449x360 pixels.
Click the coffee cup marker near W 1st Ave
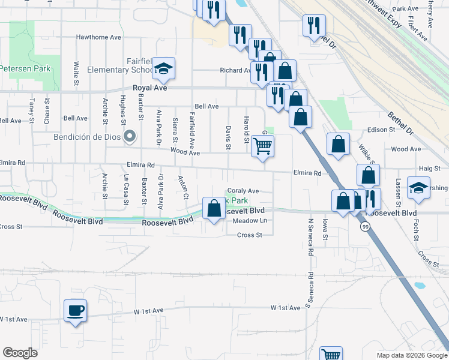76,311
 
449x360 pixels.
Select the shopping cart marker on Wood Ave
262,146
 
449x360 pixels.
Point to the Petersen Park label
25,68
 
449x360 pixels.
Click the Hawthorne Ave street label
98,37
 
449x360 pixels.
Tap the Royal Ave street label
149,88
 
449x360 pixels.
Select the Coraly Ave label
243,191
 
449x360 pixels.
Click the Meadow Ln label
249,221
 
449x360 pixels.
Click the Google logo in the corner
20,353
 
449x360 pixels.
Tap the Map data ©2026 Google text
411,355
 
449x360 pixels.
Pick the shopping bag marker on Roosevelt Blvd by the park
214,208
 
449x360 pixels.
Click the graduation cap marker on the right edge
418,187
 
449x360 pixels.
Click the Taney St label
31,108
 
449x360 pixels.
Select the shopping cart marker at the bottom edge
330,354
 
